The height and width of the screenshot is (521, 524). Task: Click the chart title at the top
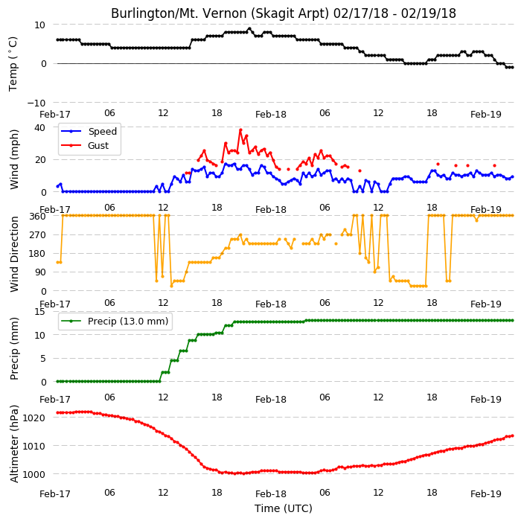[284, 13]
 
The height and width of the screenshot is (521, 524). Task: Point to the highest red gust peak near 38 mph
[240, 130]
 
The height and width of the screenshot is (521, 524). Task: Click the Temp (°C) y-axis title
[13, 64]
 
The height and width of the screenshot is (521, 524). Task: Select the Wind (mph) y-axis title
[14, 159]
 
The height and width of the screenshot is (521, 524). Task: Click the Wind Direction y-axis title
[14, 254]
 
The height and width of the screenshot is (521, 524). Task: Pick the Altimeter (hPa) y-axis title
[14, 444]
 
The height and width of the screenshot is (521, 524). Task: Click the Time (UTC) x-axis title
[284, 508]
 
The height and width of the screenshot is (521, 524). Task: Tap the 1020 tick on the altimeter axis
[33, 418]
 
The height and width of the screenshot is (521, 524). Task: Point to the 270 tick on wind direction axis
[38, 235]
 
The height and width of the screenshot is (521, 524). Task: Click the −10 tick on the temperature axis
[36, 103]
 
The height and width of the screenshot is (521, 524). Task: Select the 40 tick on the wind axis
[39, 128]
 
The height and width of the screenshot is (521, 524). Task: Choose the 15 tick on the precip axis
[39, 312]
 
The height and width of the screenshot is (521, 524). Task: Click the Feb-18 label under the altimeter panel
[271, 494]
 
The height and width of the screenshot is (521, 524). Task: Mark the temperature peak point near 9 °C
[249, 29]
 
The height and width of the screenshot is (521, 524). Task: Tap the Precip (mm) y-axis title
[14, 348]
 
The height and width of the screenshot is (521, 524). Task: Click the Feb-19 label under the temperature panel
[486, 115]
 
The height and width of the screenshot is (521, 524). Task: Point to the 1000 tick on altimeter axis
[33, 474]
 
